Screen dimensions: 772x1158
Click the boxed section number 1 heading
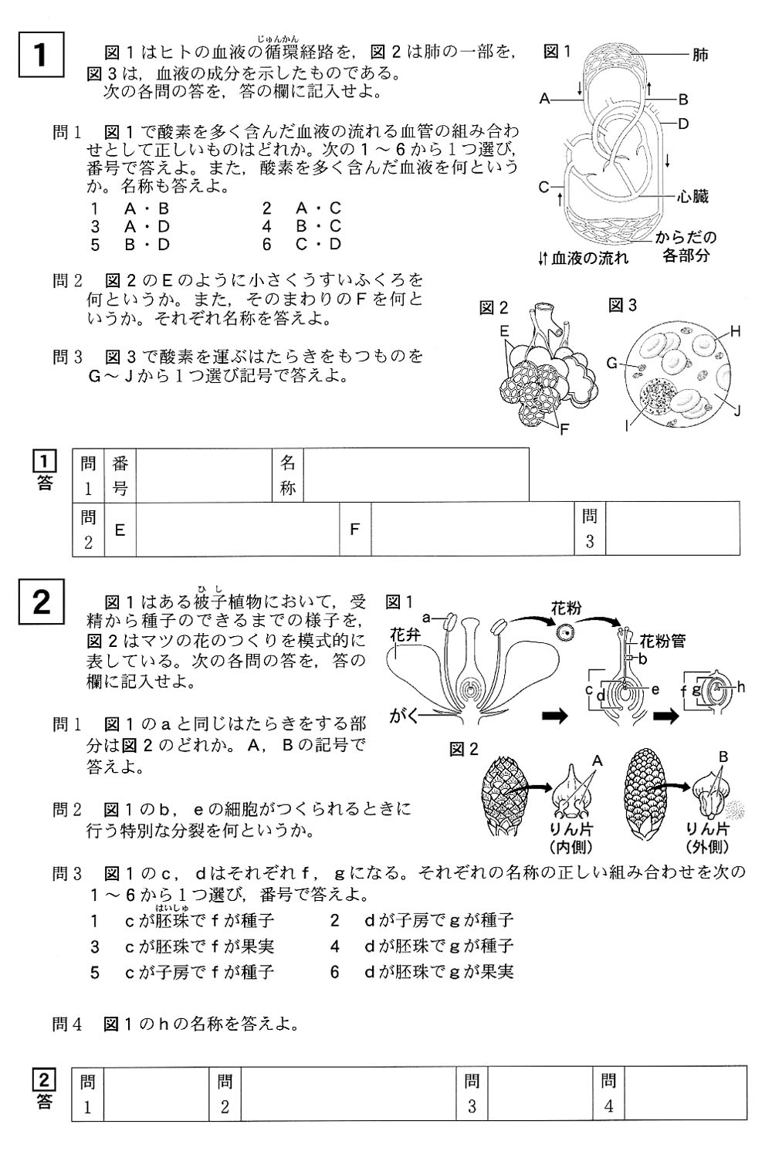(x=42, y=55)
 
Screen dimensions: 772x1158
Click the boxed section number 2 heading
(x=42, y=601)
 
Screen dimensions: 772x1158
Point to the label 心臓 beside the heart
(x=692, y=196)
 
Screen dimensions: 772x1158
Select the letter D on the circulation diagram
(x=683, y=124)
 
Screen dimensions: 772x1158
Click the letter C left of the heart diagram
(x=543, y=187)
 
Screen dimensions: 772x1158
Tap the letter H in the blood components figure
(x=735, y=331)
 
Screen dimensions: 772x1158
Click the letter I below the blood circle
(x=627, y=426)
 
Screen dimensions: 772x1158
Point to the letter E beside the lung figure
(x=504, y=331)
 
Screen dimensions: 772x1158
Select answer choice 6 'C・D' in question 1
(x=302, y=245)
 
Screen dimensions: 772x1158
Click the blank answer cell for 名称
(x=416, y=475)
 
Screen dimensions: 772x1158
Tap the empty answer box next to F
(x=472, y=529)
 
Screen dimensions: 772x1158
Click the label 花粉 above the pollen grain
(x=566, y=608)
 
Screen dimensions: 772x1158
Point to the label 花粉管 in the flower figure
(x=662, y=642)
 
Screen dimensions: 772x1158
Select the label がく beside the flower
(x=403, y=716)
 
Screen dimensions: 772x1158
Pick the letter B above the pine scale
(x=723, y=757)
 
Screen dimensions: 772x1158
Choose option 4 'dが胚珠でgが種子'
(x=422, y=946)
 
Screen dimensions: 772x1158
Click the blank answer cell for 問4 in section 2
(x=686, y=1093)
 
